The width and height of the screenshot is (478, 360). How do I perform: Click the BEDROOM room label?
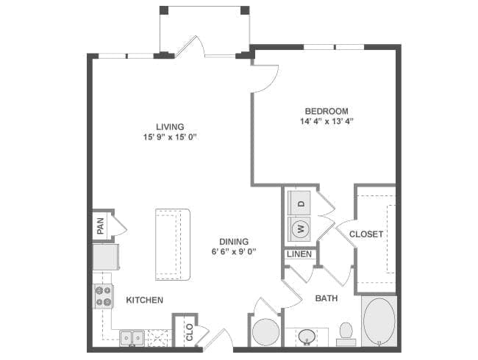[x=327, y=111]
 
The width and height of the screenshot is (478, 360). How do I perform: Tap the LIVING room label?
[x=170, y=126]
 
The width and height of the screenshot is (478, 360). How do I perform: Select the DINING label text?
[x=234, y=242]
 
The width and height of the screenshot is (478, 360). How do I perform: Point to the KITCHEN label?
[x=144, y=300]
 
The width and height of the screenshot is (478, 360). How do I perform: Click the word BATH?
[x=327, y=298]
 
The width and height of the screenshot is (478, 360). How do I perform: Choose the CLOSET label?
[x=366, y=234]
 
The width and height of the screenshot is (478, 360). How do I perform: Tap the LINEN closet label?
[x=299, y=254]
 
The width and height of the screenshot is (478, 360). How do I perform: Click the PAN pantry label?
[x=100, y=226]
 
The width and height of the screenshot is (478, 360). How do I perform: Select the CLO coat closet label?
[x=189, y=332]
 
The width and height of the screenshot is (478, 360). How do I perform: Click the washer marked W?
[x=299, y=228]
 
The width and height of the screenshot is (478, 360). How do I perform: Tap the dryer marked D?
[x=299, y=204]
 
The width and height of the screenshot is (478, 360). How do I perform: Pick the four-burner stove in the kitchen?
[x=103, y=296]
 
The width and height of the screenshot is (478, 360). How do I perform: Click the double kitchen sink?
[x=132, y=338]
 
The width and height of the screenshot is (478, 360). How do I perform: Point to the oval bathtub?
[x=379, y=321]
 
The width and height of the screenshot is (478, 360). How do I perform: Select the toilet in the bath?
[x=346, y=334]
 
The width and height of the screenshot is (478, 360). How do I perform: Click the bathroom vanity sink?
[x=307, y=336]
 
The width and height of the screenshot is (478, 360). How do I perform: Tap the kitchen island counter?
[x=173, y=244]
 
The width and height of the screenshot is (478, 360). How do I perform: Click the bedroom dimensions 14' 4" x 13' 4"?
[x=327, y=121]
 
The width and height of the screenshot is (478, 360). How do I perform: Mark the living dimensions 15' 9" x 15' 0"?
[x=170, y=137]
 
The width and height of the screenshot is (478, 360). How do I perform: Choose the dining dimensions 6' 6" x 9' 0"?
[x=234, y=252]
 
